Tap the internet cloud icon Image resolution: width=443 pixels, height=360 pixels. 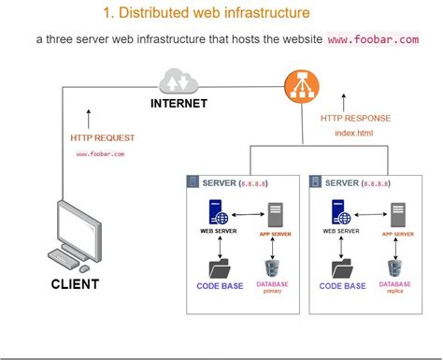(179, 79)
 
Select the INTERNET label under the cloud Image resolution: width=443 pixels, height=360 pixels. (179, 103)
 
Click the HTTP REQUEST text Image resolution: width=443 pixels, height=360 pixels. (101, 137)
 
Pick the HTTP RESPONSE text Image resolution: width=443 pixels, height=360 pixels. (354, 118)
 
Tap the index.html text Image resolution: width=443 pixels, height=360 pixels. (353, 133)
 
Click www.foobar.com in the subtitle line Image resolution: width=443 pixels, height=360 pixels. (372, 40)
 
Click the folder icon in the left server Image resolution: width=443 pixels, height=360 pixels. (221, 266)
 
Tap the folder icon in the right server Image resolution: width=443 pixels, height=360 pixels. (341, 266)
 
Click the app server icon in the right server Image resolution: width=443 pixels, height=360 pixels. (397, 214)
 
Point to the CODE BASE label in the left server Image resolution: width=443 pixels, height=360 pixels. (221, 286)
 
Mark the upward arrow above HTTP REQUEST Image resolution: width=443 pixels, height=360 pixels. (90, 120)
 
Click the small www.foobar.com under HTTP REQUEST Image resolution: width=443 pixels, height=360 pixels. (100, 153)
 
